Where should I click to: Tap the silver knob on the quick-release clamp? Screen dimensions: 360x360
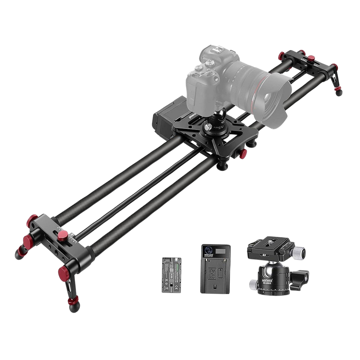(298, 253)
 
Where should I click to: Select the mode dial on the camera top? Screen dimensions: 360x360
(210, 62)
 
